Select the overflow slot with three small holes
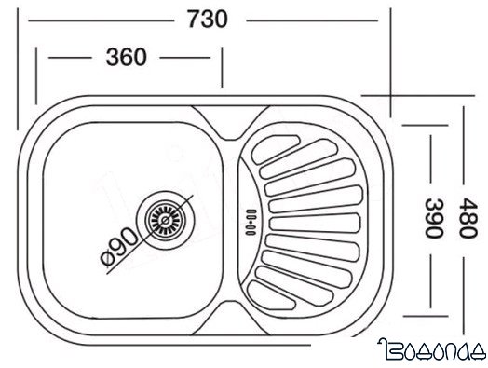tap(249, 221)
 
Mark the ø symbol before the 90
tap(105, 254)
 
